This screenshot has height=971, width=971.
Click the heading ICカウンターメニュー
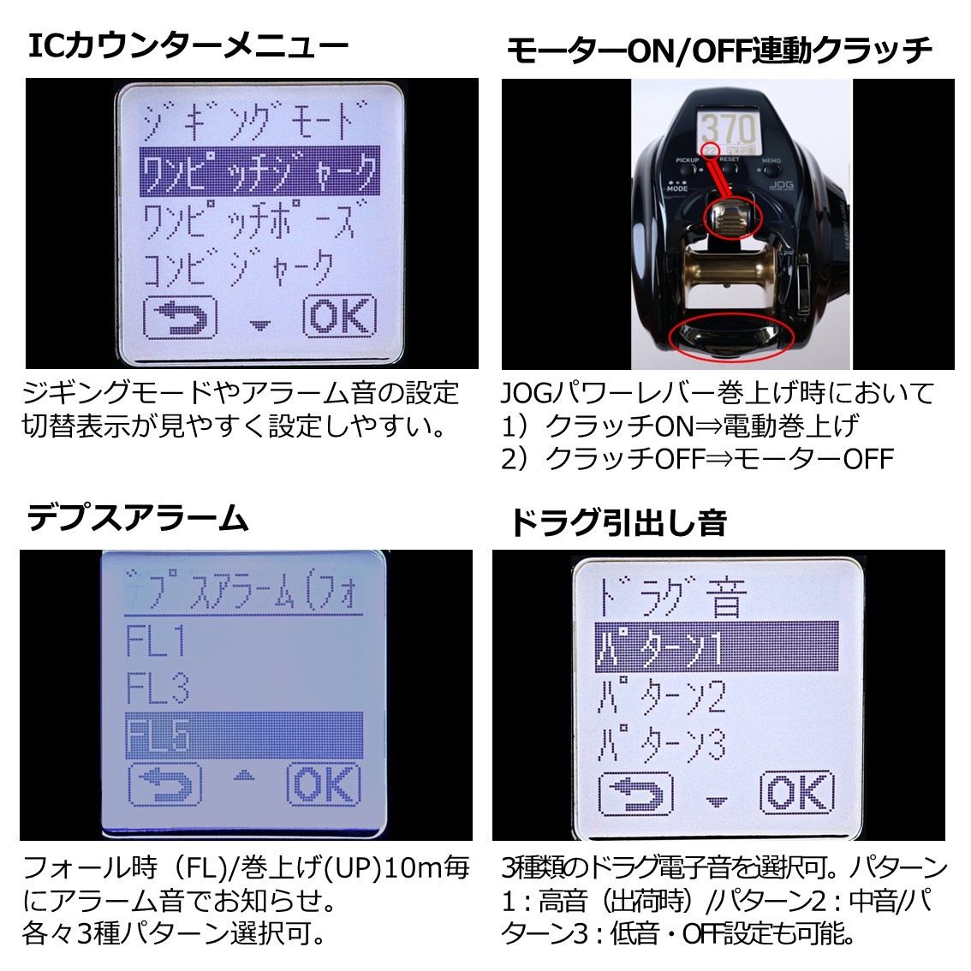[x=188, y=45]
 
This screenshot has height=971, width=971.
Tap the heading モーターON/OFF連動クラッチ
[x=718, y=51]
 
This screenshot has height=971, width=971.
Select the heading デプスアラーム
[x=138, y=517]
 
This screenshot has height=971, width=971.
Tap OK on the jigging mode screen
[x=340, y=316]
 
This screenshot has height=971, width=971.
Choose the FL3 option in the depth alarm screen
[x=158, y=688]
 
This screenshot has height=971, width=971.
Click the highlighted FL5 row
[x=244, y=736]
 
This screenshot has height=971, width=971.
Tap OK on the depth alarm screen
[x=323, y=784]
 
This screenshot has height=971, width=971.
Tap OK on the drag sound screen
[x=796, y=793]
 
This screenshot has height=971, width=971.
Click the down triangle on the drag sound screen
[x=717, y=802]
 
